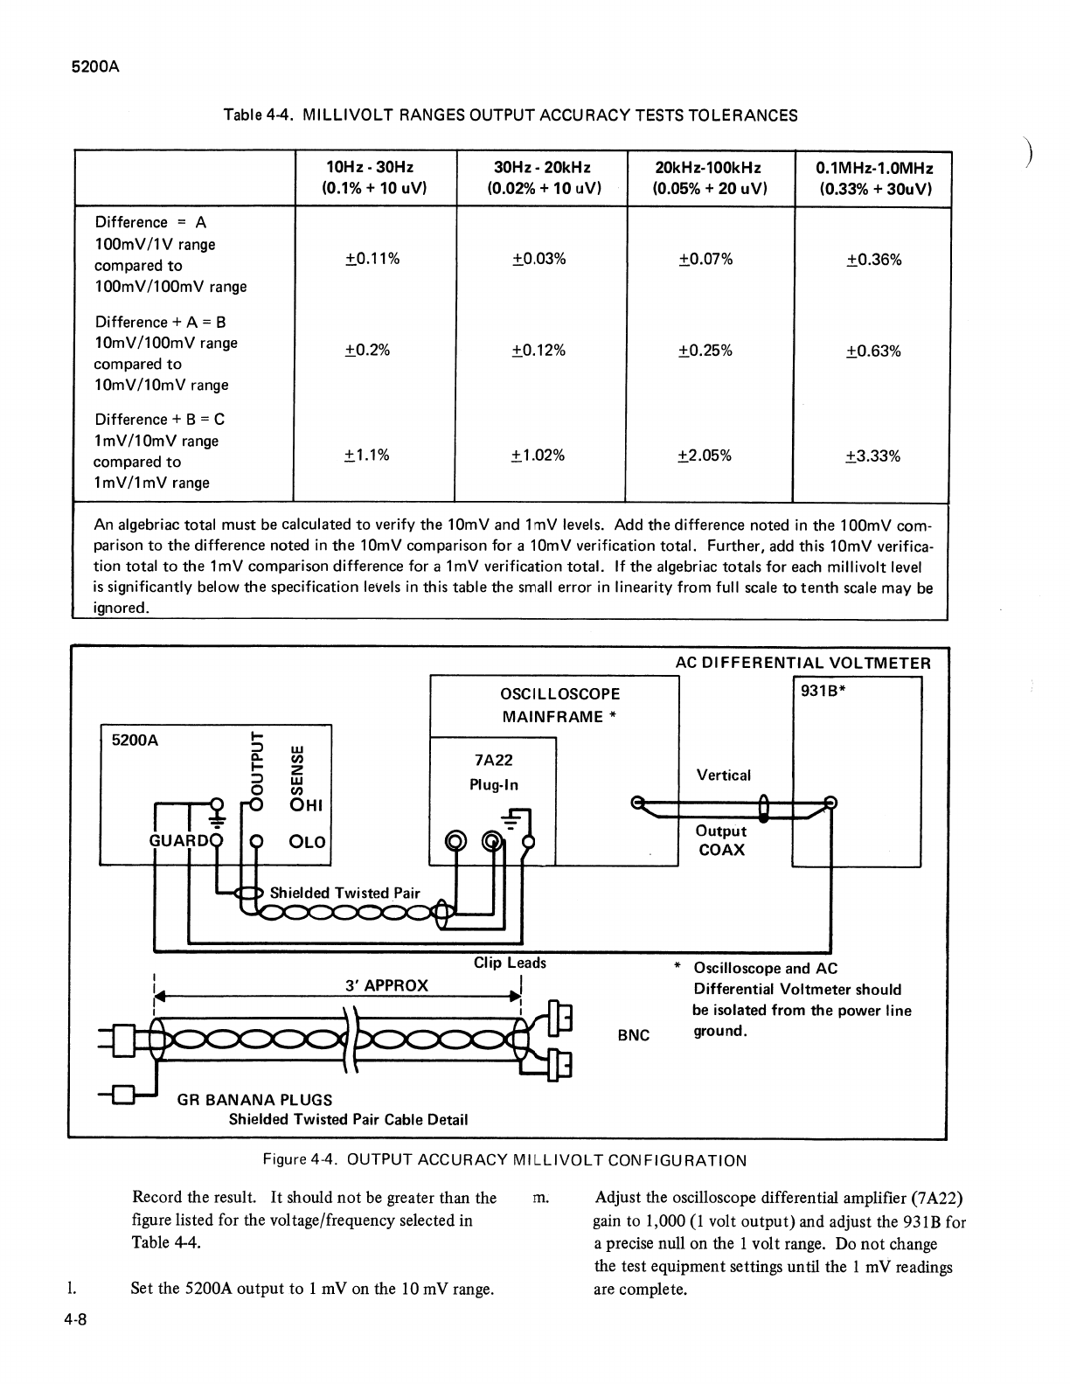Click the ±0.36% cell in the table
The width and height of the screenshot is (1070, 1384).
click(x=873, y=260)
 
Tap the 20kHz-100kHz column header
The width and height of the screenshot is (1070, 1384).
click(x=708, y=178)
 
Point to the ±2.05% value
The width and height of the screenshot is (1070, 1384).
click(x=705, y=456)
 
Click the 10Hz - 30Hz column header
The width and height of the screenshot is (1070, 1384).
click(x=370, y=178)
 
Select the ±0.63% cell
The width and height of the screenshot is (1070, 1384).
click(x=873, y=351)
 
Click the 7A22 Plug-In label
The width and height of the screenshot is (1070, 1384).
click(x=494, y=773)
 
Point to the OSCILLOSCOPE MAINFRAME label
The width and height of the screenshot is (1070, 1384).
click(x=560, y=706)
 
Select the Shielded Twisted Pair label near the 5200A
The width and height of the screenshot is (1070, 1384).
click(x=344, y=893)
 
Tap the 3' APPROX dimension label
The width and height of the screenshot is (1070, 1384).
click(x=386, y=985)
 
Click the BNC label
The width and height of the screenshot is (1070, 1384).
click(x=634, y=1035)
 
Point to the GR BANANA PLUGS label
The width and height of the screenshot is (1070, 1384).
click(x=254, y=1100)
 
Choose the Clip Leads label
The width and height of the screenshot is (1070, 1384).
click(x=510, y=963)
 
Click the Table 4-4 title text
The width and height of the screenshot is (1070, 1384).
click(x=511, y=115)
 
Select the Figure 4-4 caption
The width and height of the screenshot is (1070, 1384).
click(x=505, y=1161)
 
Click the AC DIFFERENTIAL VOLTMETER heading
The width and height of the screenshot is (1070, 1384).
click(x=803, y=663)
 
